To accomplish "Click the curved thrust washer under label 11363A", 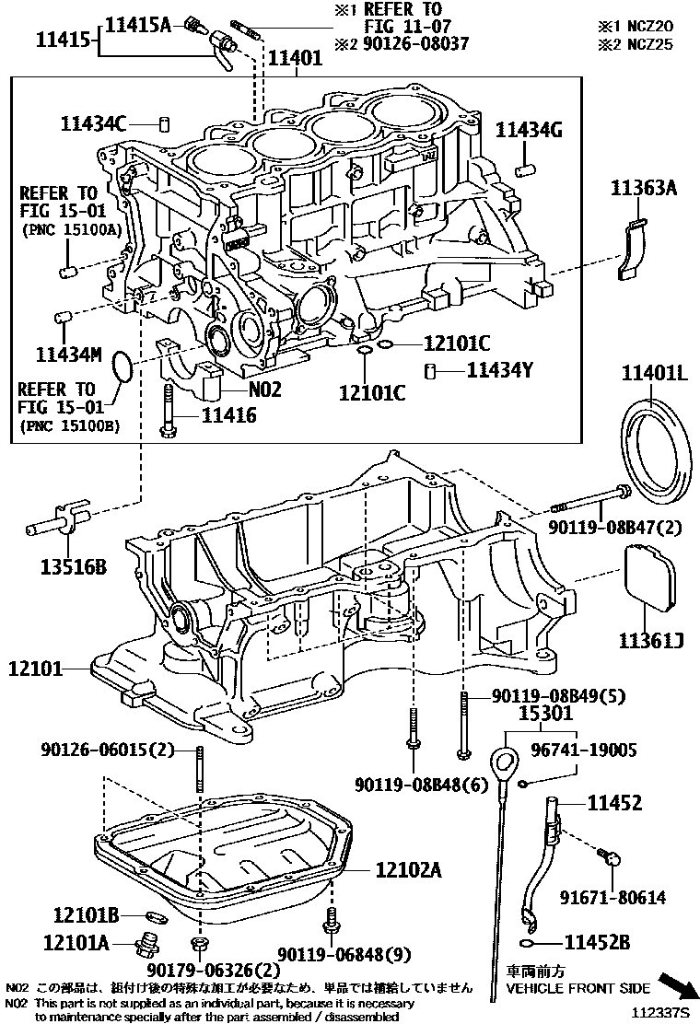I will pyautogui.click(x=633, y=247).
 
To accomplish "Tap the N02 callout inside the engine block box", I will pyautogui.click(x=264, y=389).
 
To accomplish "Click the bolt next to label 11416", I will pyautogui.click(x=169, y=411).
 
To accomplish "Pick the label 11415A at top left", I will pyautogui.click(x=137, y=25).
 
